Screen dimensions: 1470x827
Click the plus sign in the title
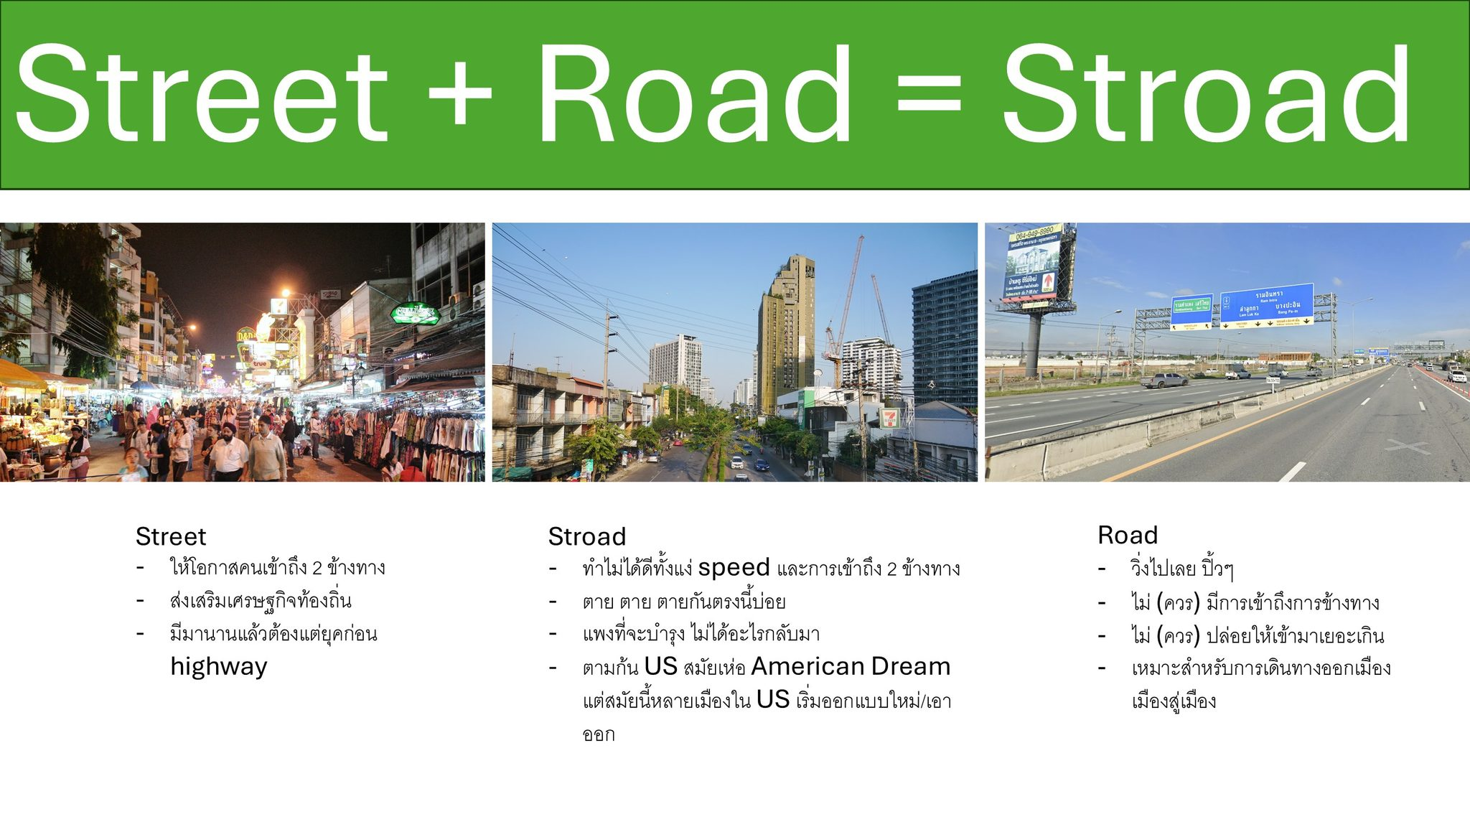pos(459,94)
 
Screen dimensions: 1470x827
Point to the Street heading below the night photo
pos(171,536)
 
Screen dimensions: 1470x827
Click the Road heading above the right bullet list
pos(1128,535)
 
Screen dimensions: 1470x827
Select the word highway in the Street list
pos(219,667)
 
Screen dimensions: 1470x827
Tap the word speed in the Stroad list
pos(734,568)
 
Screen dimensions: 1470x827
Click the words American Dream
pos(851,666)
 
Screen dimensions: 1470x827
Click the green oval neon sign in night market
pos(415,314)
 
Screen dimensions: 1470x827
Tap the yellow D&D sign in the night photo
pos(246,335)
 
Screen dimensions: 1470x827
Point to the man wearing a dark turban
pos(228,451)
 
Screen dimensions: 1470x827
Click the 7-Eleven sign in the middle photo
pos(889,417)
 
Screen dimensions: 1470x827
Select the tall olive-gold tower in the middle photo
pos(787,333)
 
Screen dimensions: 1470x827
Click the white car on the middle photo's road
pos(736,463)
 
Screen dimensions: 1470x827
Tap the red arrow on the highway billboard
pos(1049,281)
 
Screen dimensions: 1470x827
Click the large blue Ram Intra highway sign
pos(1267,304)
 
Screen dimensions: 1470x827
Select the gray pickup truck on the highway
pos(1164,380)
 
